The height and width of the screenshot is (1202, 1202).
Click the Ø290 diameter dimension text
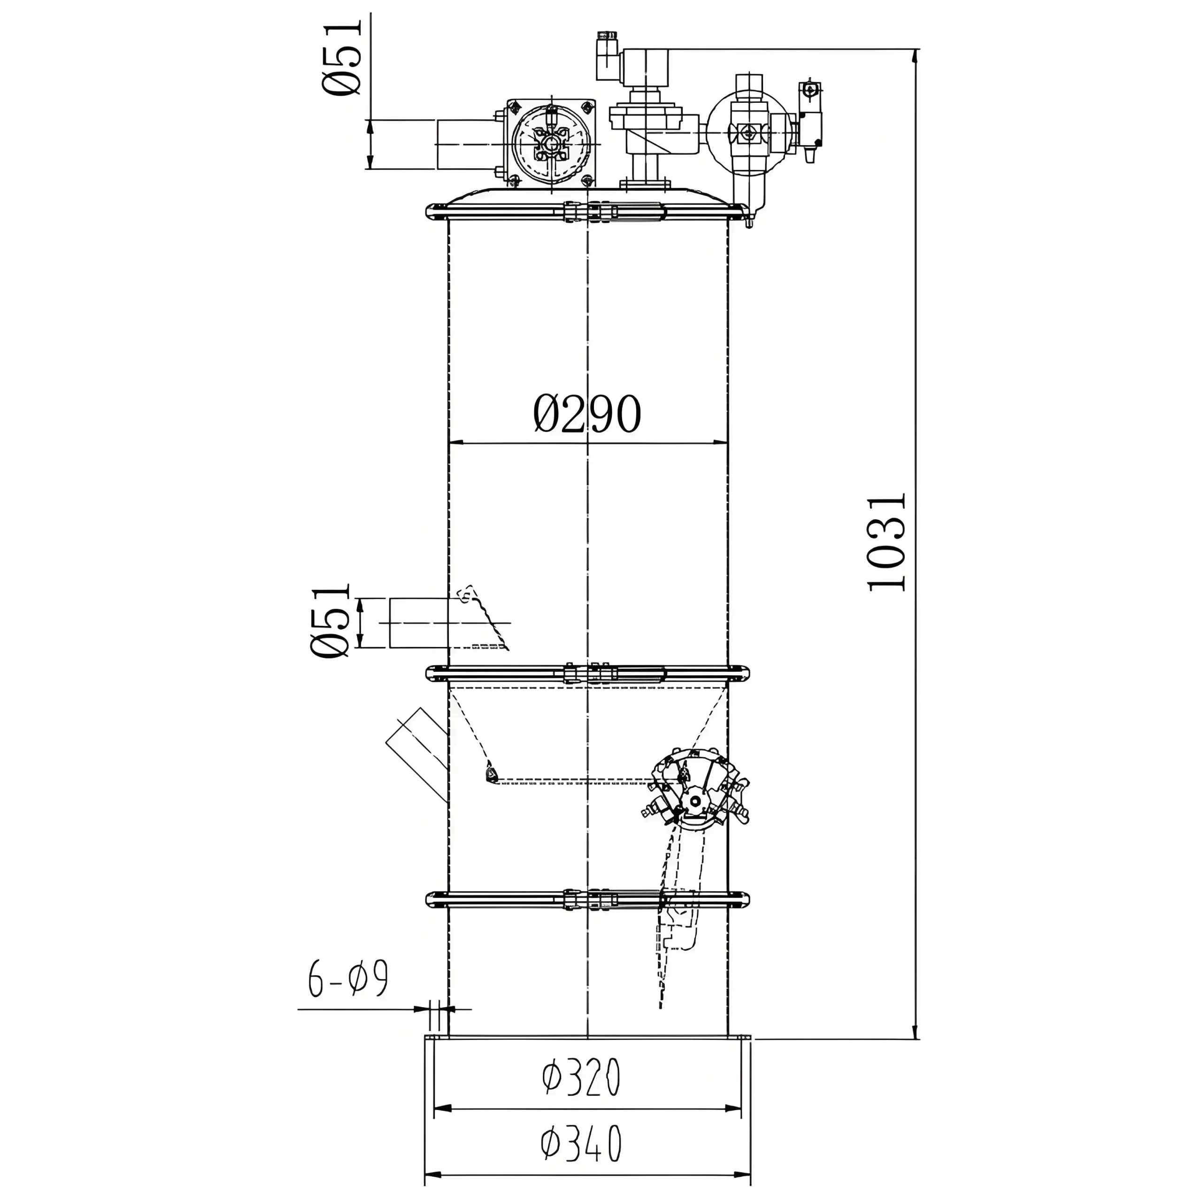[x=587, y=414]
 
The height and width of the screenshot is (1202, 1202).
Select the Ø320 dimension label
[x=581, y=1078]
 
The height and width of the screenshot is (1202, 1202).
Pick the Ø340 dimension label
[x=581, y=1143]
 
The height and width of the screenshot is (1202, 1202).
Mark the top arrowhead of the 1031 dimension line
[x=914, y=56]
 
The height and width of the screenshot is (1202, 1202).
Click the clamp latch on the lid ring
[x=588, y=212]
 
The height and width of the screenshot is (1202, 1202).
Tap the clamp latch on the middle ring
[x=588, y=673]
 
